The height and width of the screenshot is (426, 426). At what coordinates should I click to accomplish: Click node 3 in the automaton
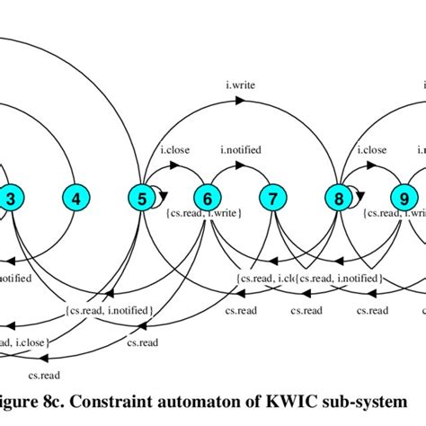point(10,198)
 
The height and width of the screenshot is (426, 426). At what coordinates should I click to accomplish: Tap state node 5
point(141,198)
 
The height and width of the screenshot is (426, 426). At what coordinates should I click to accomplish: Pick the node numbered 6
point(208,198)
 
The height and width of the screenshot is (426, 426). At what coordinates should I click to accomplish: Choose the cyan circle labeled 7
point(273,198)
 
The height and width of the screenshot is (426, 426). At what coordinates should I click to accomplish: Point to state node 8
point(339,198)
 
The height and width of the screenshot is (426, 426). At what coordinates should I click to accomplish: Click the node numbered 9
point(404,198)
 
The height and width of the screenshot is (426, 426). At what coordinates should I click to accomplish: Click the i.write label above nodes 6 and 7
point(241,86)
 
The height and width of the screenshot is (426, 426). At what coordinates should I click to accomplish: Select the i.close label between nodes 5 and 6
point(174,151)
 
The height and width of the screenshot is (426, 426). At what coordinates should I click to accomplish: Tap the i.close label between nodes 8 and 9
point(372,151)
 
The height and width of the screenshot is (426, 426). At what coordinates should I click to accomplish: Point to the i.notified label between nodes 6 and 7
point(241,151)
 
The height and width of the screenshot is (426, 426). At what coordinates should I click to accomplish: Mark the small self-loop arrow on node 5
point(159,191)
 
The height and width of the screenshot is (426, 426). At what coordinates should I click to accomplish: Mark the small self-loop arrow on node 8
point(357,191)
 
